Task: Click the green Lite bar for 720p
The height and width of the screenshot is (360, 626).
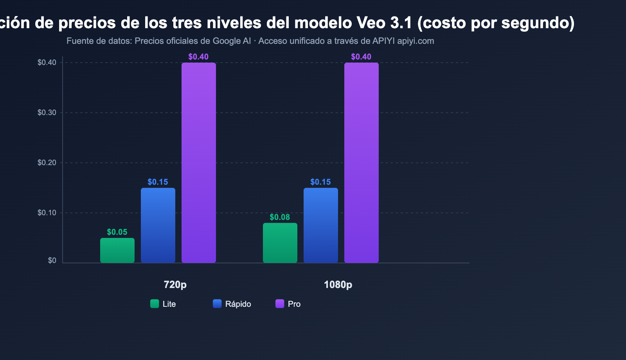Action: coord(117,250)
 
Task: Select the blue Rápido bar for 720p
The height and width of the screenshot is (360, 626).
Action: coord(158,225)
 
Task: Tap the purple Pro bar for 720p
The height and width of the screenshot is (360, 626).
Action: coord(199,163)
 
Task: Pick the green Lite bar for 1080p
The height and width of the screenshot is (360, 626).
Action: coord(280,243)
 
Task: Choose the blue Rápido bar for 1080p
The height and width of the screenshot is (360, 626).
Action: coord(321,225)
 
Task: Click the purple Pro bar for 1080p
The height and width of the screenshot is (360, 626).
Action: coord(362,163)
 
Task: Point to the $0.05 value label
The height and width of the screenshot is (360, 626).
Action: coord(117,232)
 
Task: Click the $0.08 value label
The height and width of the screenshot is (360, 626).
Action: coord(280,217)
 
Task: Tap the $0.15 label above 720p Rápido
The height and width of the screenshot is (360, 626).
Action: coord(158,182)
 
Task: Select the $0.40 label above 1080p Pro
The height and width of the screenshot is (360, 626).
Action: coord(361,57)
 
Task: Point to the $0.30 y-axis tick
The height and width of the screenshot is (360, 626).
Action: coord(47,113)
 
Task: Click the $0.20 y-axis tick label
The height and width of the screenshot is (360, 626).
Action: coord(47,163)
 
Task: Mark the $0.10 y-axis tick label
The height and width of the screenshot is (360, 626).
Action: coord(47,213)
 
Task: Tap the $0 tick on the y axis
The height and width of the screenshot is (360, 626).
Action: coord(52,261)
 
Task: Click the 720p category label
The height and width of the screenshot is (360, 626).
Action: coord(175,284)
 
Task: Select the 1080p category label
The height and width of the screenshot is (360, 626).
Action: coord(338,284)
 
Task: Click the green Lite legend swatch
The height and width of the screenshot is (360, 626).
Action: coord(155,304)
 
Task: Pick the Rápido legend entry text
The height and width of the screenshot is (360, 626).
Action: coord(238,304)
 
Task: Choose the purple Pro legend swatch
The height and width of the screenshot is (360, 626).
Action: coord(280,304)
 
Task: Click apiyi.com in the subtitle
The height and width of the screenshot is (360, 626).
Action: coord(416,41)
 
